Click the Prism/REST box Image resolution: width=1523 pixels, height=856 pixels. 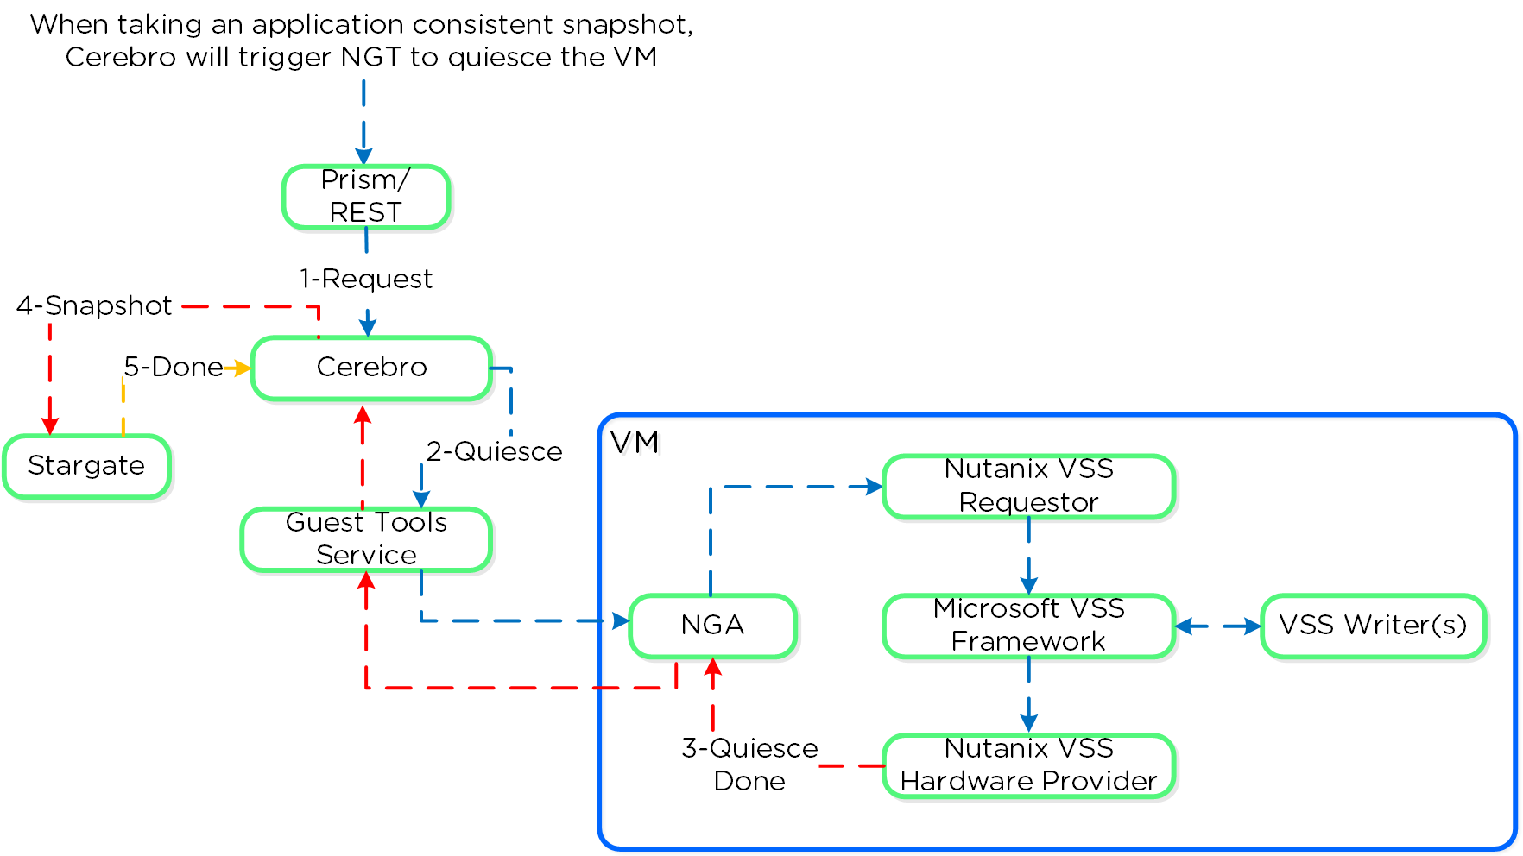[366, 197]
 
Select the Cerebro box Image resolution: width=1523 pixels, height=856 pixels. [371, 368]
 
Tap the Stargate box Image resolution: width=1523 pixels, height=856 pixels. [86, 466]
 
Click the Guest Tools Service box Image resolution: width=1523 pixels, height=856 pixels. [366, 539]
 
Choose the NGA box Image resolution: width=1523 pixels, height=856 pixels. [712, 626]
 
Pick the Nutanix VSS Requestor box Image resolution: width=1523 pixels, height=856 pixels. [1028, 487]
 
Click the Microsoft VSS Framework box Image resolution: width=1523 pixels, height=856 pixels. [1028, 626]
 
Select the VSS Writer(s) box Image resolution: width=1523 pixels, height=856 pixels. [1373, 626]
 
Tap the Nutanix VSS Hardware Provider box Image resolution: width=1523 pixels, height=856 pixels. [1028, 765]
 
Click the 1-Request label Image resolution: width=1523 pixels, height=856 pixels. [366, 280]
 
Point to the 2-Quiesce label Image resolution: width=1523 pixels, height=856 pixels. [494, 451]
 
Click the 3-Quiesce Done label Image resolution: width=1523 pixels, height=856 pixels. [749, 765]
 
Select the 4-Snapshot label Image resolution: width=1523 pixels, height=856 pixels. [94, 305]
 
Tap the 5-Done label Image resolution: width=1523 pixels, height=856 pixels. [174, 368]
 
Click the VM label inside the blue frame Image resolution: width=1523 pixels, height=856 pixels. [635, 443]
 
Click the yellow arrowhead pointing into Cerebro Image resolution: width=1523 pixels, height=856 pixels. [243, 368]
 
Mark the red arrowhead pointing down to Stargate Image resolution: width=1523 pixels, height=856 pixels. [50, 425]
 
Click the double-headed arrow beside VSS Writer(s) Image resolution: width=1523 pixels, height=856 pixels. [1218, 626]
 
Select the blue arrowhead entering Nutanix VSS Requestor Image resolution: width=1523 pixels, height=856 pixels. [874, 487]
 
